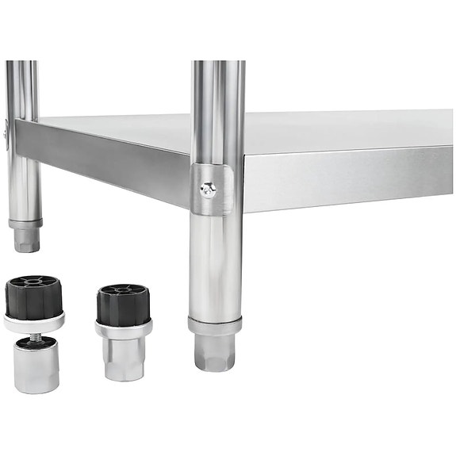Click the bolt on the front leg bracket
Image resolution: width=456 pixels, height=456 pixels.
tap(208, 188)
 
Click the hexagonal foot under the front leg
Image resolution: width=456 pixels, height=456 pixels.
tap(214, 352)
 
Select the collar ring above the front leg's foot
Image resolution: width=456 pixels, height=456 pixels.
tap(214, 325)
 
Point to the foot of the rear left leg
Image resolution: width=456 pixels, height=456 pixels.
tap(26, 240)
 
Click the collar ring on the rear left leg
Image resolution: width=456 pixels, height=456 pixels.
tap(25, 224)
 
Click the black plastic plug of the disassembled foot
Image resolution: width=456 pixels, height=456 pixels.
tap(34, 297)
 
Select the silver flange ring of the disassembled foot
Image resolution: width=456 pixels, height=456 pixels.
tap(34, 321)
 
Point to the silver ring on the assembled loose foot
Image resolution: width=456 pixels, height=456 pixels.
tap(124, 327)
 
